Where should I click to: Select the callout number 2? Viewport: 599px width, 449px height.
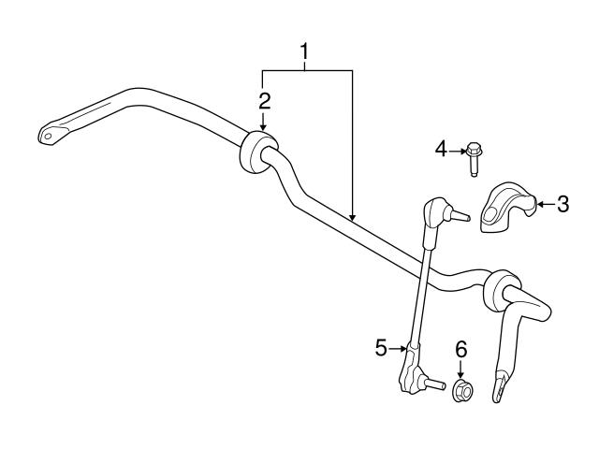click(x=265, y=100)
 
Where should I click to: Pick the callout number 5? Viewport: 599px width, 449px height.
click(x=381, y=348)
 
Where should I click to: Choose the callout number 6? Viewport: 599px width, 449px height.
click(x=460, y=350)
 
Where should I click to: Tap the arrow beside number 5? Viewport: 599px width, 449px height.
click(x=399, y=348)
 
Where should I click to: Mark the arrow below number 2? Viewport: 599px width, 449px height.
click(x=265, y=121)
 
